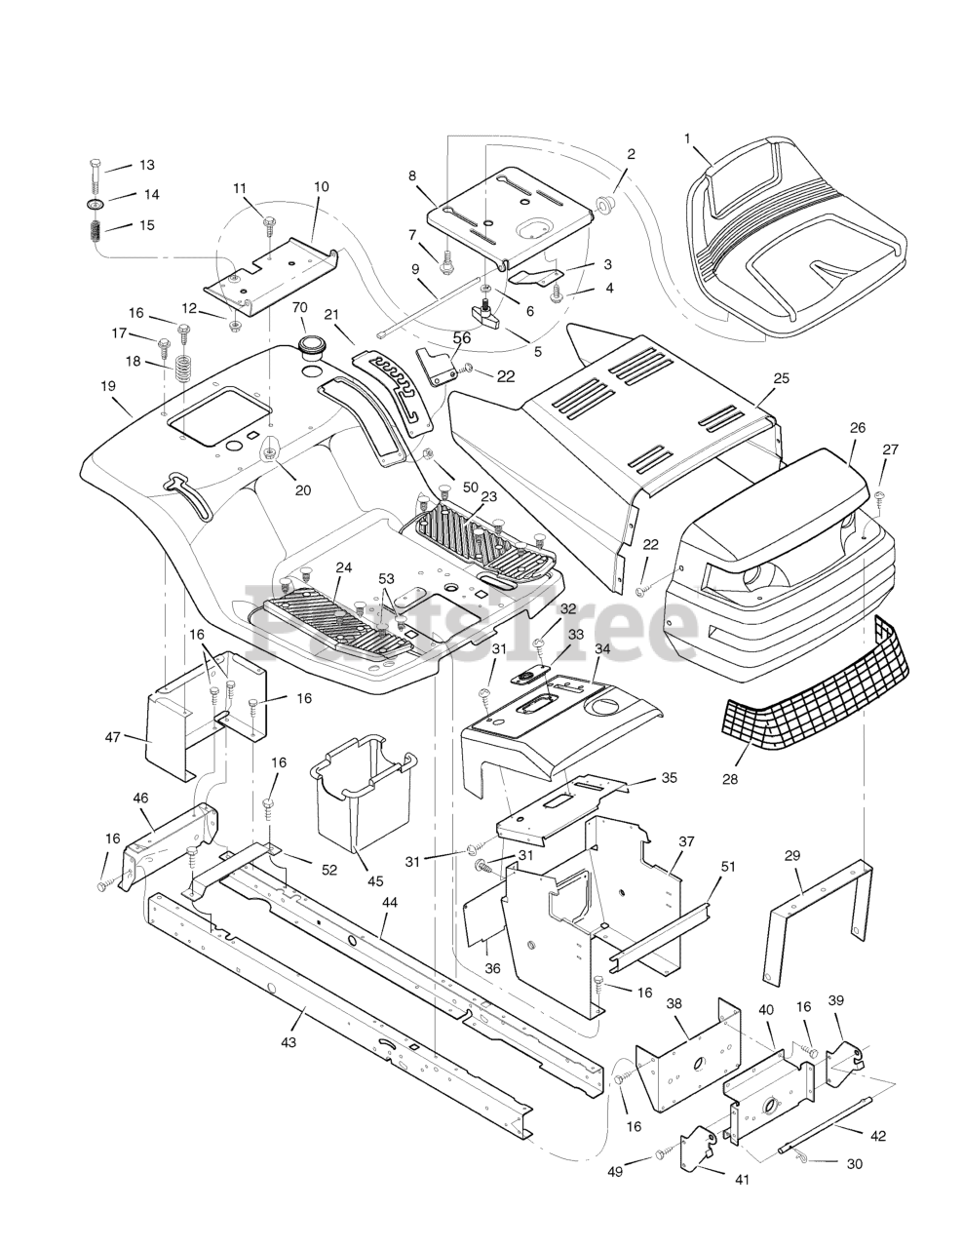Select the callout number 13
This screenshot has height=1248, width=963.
(146, 166)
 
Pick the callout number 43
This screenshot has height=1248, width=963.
(288, 1042)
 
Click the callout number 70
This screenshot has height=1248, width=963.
(300, 307)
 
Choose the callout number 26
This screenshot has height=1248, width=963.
(857, 427)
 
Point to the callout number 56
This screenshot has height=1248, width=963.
(461, 337)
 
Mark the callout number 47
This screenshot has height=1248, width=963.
(114, 737)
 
